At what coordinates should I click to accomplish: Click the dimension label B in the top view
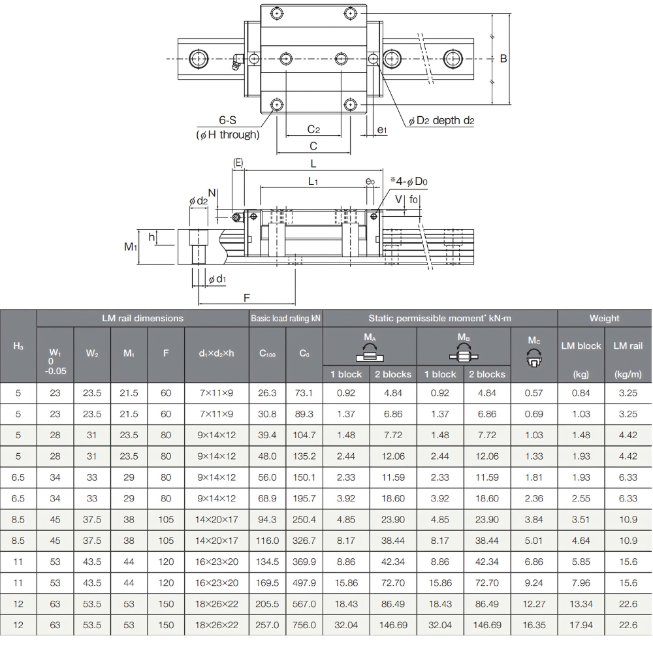503,59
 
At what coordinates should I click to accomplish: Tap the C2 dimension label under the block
313,129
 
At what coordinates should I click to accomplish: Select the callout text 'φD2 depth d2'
441,121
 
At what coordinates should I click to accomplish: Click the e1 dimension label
383,130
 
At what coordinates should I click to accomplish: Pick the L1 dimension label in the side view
313,182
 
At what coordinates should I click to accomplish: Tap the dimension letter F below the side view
247,298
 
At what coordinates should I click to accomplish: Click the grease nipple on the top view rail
236,62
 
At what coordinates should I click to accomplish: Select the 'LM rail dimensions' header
142,318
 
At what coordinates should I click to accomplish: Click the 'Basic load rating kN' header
286,318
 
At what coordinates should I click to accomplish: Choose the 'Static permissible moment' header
439,318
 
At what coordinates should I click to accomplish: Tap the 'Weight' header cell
604,318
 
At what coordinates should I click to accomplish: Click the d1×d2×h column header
217,353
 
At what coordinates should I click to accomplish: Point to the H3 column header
18,346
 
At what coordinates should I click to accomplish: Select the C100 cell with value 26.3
268,393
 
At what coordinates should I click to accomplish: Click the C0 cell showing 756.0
304,625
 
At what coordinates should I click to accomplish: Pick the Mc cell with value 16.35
534,625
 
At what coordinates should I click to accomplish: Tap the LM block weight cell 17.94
581,625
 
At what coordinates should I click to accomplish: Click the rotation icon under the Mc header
534,356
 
